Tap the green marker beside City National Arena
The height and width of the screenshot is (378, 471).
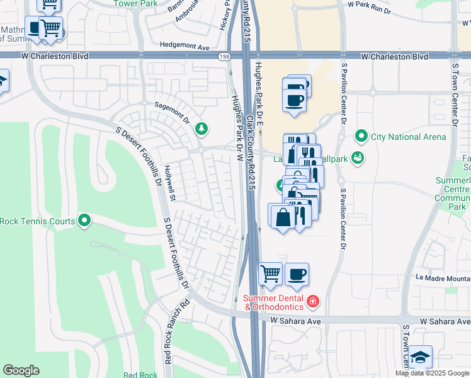coord(361,135)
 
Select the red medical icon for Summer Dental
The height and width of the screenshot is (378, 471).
coord(313,302)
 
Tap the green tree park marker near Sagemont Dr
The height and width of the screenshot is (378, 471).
coord(201,129)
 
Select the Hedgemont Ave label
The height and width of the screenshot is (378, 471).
coord(184,47)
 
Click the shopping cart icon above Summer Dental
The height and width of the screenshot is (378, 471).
coord(270,274)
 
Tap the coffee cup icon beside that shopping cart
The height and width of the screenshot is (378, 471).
coord(297,274)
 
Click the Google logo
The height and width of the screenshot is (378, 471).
coord(21,370)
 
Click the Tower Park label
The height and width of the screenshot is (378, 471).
coord(134,3)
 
